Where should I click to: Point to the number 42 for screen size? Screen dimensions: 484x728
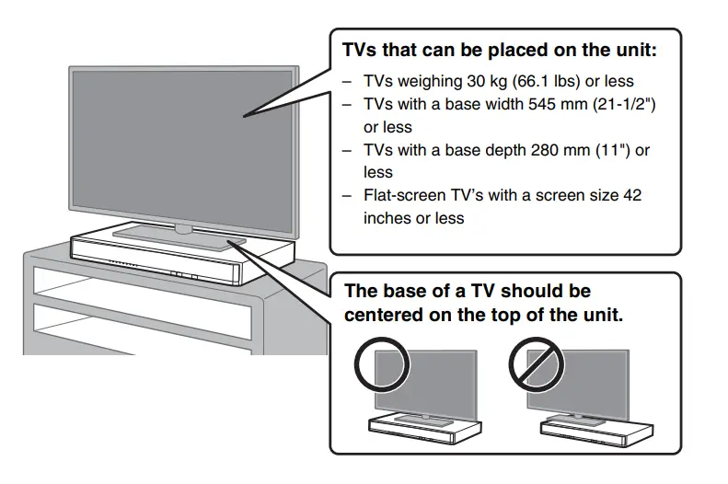pyautogui.click(x=631, y=195)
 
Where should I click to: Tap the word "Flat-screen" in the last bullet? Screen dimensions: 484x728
pyautogui.click(x=403, y=195)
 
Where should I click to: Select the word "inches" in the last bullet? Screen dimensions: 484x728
pyautogui.click(x=387, y=218)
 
